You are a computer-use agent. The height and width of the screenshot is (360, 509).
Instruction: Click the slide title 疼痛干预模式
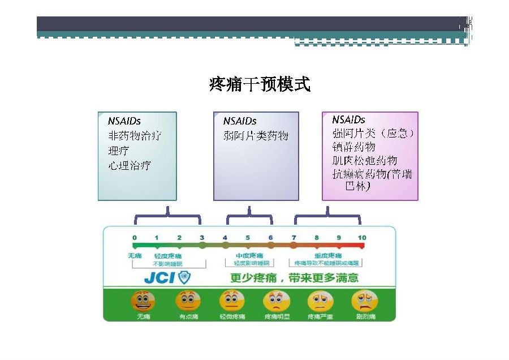(x=260, y=85)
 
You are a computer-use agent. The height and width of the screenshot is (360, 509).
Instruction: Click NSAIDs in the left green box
(x=124, y=121)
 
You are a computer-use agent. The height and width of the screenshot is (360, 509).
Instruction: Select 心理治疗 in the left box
(x=130, y=166)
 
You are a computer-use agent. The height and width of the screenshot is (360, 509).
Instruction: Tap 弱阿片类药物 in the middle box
(x=256, y=136)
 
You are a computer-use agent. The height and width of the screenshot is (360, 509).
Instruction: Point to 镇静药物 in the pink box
(x=353, y=147)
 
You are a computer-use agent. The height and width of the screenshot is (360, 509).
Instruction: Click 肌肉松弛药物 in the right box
(x=365, y=161)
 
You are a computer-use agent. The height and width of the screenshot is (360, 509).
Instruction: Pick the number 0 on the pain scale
(x=134, y=238)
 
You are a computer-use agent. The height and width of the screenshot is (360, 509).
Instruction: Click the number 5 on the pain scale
(x=248, y=238)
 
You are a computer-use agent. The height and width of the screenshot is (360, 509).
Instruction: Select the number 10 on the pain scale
(x=361, y=238)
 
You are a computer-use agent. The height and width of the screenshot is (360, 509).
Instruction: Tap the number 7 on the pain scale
(x=294, y=238)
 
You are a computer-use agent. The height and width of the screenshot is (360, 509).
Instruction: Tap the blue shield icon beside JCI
(x=184, y=277)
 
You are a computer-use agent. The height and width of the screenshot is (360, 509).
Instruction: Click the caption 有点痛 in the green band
(x=188, y=316)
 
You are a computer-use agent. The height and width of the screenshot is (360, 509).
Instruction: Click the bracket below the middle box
(x=249, y=216)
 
